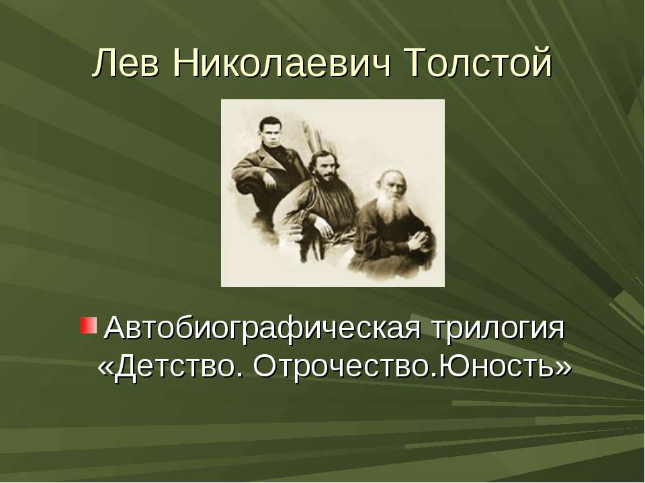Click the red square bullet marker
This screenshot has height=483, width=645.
point(88,327)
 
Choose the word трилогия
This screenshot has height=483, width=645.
point(498,329)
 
